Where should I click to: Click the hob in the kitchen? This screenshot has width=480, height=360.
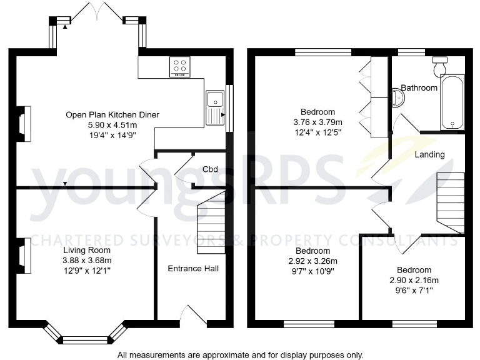180,67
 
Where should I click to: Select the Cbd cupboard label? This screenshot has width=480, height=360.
210,169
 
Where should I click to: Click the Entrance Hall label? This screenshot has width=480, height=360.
193,268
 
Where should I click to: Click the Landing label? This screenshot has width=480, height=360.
429,154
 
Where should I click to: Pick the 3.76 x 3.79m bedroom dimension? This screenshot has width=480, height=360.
318,122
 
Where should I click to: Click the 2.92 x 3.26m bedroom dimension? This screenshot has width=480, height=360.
313,261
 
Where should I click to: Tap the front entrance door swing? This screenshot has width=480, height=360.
193,315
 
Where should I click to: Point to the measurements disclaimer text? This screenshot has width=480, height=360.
240,354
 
